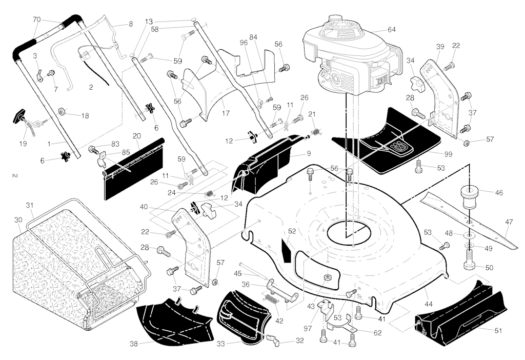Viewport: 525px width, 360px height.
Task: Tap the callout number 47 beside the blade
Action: (x=509, y=222)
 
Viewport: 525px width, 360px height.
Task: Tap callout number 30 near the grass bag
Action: (x=18, y=219)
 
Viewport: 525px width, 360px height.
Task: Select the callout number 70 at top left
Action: (x=37, y=20)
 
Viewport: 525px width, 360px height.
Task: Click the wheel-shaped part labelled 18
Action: (x=62, y=111)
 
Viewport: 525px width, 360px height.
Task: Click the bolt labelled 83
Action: (x=93, y=149)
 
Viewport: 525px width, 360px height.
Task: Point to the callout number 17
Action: (x=226, y=113)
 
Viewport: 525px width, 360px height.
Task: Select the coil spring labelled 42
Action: (x=272, y=298)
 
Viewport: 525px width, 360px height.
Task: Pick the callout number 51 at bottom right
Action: (x=498, y=331)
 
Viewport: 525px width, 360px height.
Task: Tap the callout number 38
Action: (x=134, y=344)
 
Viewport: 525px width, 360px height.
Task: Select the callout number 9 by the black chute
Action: (x=309, y=153)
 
